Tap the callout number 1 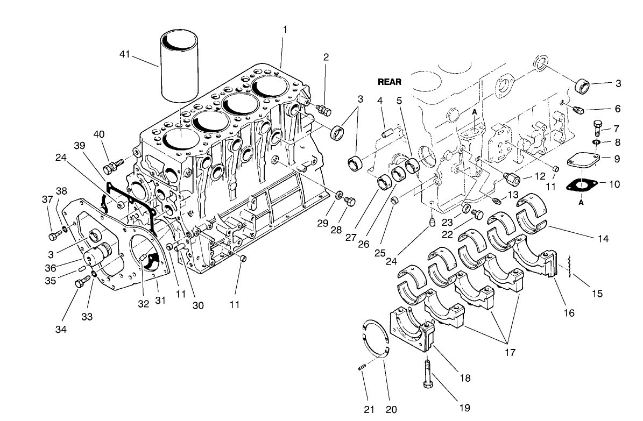pyautogui.click(x=285, y=29)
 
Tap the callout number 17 pyautogui.click(x=510, y=353)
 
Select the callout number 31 pyautogui.click(x=160, y=301)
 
